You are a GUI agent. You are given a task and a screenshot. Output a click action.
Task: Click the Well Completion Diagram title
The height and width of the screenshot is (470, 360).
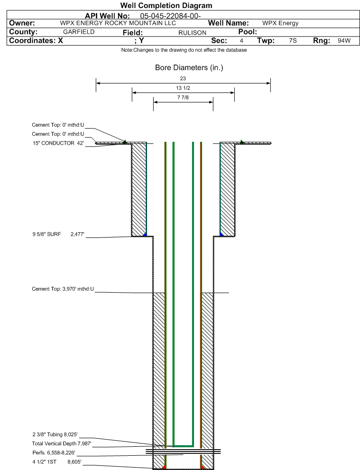point(166,5)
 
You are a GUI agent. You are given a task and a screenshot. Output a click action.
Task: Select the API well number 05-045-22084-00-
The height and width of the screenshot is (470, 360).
point(170,16)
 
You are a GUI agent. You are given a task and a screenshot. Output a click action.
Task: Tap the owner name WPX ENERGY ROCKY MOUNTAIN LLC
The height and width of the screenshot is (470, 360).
point(118,23)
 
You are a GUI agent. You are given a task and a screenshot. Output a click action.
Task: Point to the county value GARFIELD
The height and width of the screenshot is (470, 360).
point(79,32)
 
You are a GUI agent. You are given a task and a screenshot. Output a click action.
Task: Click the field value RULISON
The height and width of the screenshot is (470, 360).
point(192,33)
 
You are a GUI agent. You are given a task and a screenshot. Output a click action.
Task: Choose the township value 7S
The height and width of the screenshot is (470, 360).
point(293,40)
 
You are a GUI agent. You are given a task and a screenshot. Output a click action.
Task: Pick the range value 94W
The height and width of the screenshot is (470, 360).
point(344,40)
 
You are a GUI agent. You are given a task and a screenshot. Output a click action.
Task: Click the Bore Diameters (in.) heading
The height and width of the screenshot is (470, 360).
point(189,68)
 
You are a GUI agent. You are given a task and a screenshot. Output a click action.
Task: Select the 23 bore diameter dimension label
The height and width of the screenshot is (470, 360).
point(183,79)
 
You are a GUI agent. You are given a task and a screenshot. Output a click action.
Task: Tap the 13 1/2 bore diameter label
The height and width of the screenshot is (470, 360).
point(183,88)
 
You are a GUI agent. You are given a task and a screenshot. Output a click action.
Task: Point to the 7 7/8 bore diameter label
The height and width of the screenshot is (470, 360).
point(183,97)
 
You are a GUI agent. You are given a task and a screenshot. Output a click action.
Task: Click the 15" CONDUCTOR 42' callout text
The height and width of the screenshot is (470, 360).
point(58,143)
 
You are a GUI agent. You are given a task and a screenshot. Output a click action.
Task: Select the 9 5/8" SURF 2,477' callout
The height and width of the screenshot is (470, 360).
point(58,234)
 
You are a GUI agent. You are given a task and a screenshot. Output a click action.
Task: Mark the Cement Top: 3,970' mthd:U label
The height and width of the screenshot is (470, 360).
point(63,289)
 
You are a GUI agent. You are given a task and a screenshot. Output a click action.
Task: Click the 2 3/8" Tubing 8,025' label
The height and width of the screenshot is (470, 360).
point(55,434)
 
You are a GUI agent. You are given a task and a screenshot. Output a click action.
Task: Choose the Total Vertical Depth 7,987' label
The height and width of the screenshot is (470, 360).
point(62,443)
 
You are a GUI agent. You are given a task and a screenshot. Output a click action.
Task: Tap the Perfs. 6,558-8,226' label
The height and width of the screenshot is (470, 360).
point(54,452)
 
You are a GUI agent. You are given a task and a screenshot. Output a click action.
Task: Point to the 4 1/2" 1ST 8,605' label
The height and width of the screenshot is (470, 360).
point(56,461)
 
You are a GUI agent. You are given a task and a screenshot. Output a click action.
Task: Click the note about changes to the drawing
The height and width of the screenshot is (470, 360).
point(184,50)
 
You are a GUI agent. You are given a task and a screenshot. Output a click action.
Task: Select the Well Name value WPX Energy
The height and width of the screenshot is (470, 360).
point(280,23)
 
